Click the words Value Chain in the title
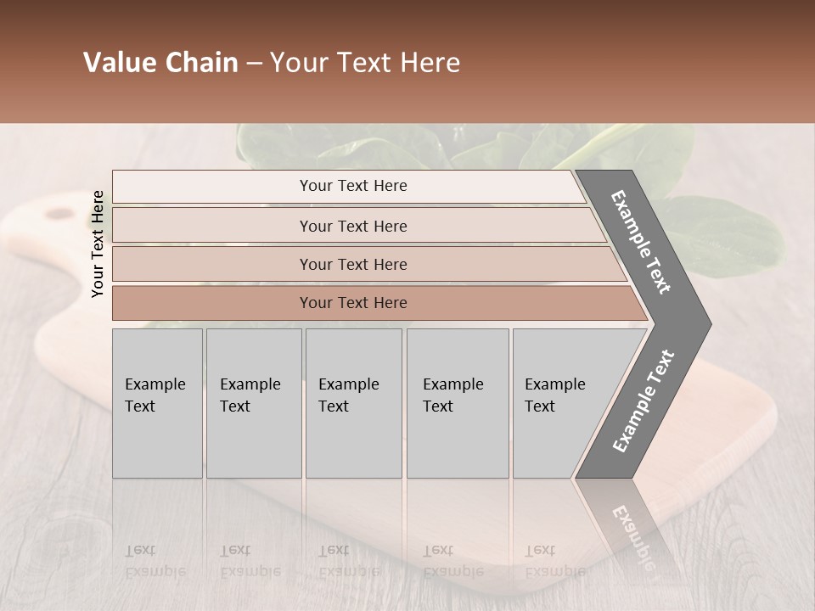coord(160,63)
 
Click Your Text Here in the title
coord(365,63)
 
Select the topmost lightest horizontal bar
coord(352,186)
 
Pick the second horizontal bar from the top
coord(352,226)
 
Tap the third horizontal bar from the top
coord(352,264)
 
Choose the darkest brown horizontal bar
coord(352,303)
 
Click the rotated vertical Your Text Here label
coord(98,244)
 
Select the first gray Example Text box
coord(157,403)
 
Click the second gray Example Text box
coord(254,403)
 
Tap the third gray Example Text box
coord(353,403)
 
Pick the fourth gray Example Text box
coord(458,403)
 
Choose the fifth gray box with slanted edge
coord(560,403)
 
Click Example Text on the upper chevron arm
coord(641,242)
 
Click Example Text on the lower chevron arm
coord(644,401)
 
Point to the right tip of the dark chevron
coord(709,324)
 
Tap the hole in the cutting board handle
coord(59,214)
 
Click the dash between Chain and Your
coord(254,64)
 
